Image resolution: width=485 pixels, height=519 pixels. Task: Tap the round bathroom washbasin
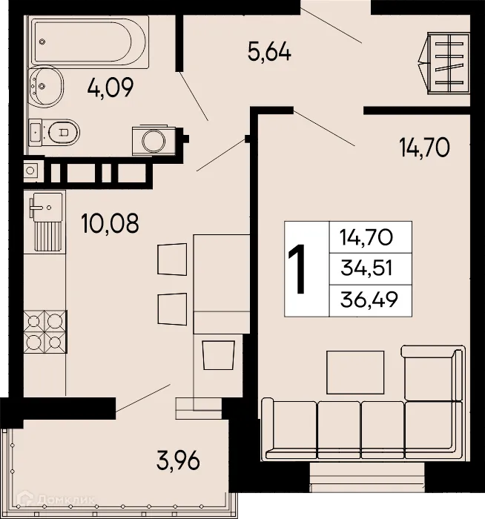tap(47, 87)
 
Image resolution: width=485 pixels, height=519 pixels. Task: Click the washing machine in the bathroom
tap(154, 140)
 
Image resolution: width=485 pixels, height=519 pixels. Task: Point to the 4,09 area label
tap(110, 89)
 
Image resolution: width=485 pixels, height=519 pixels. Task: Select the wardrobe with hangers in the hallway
tap(444, 63)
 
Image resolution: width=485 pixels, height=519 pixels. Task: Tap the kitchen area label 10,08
tap(110, 223)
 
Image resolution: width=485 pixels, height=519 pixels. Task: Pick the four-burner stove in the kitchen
tap(44, 331)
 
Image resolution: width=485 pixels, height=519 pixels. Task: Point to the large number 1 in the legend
tap(300, 269)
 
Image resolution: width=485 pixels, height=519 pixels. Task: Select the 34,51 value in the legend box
tap(365, 268)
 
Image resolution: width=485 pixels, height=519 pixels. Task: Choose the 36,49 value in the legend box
tap(365, 299)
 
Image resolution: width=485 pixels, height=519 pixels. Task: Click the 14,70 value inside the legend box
tap(365, 238)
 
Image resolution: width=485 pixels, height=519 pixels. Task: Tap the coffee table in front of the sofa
tap(355, 372)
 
